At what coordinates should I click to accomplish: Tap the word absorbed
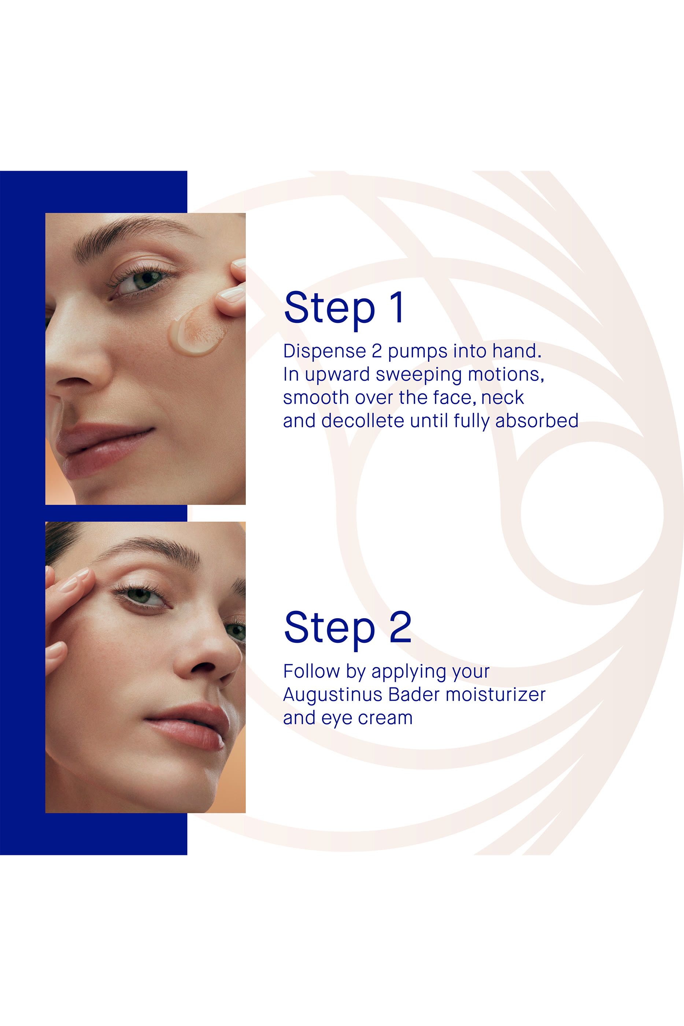(537, 421)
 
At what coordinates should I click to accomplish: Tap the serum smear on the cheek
(197, 329)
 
